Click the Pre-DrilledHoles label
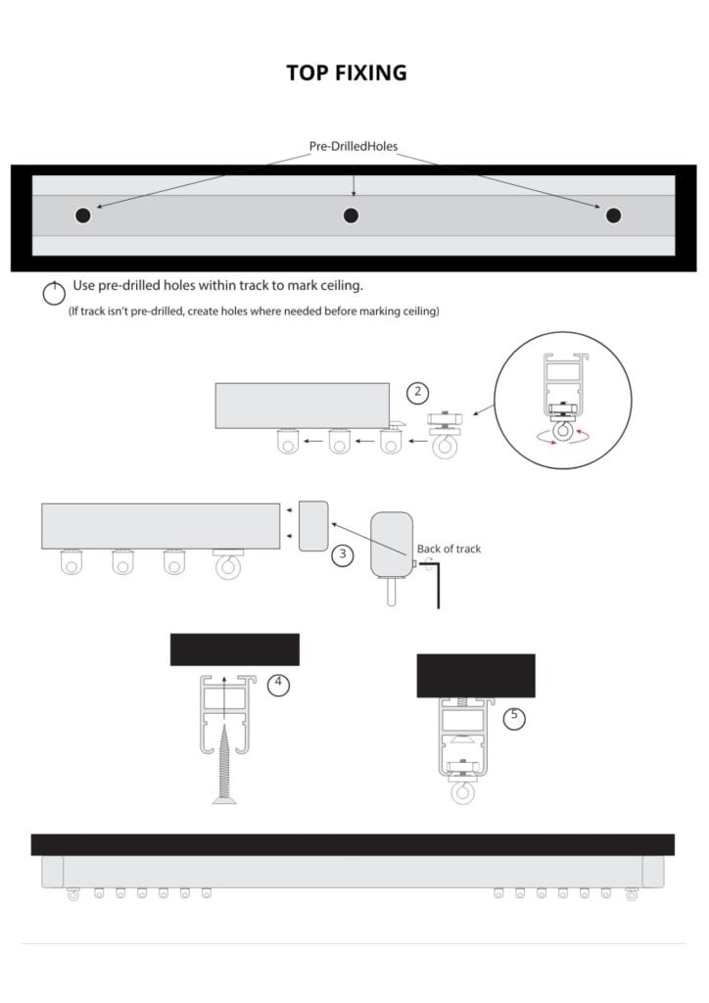[x=354, y=147]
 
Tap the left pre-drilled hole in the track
[x=83, y=215]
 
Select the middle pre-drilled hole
[x=351, y=215]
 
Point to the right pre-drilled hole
[x=614, y=215]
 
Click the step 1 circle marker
[x=54, y=294]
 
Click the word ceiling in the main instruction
[x=341, y=286]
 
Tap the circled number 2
[x=418, y=392]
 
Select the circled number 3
[x=343, y=554]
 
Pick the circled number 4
[x=278, y=685]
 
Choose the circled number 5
[x=514, y=718]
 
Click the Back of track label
[x=449, y=549]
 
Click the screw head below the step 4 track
[x=223, y=799]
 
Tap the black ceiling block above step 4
[x=235, y=649]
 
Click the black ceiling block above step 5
[x=476, y=676]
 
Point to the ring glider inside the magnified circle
[x=563, y=431]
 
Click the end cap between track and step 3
[x=313, y=526]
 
